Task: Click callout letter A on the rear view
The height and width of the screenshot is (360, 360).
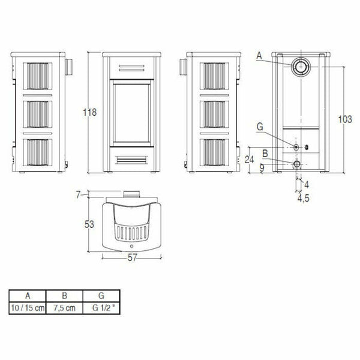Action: [x=259, y=55]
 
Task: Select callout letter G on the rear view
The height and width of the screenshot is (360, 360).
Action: [x=259, y=127]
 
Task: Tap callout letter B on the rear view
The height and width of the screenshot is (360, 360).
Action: [x=265, y=154]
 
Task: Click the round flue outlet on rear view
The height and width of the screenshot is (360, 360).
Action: [x=298, y=66]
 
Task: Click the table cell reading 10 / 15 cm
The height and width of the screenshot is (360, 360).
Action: [x=28, y=308]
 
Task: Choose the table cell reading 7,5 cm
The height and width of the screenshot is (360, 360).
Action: [x=65, y=308]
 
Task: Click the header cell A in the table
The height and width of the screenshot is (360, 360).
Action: [x=28, y=296]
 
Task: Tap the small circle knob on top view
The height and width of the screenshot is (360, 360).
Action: [x=130, y=247]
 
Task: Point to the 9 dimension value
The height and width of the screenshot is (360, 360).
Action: [x=262, y=168]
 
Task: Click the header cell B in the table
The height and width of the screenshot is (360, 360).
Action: [x=65, y=296]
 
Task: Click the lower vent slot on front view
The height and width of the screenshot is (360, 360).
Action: [x=130, y=160]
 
